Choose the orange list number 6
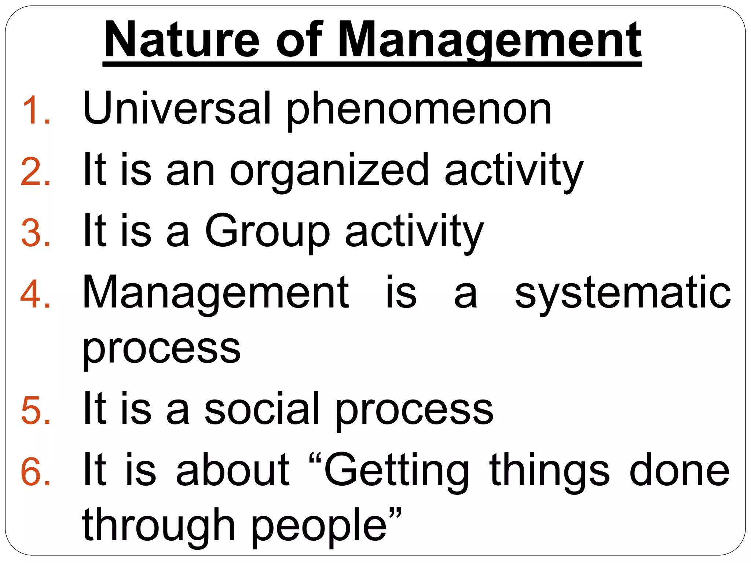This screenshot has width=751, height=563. (36, 472)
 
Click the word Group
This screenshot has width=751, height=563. (267, 232)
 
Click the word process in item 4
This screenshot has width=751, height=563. (161, 350)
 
